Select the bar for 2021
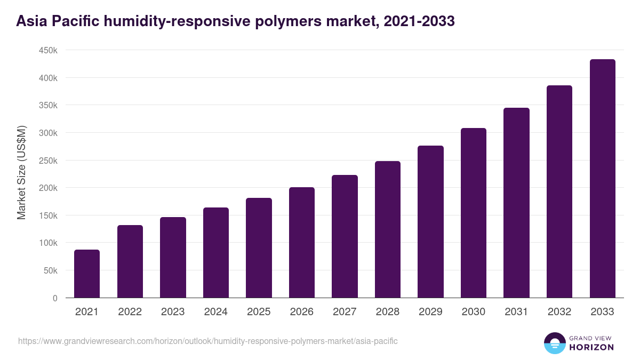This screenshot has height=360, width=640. pos(87,274)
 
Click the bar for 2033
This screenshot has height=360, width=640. pos(602,179)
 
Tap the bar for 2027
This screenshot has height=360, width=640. pos(345,236)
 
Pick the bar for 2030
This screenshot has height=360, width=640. pos(474,213)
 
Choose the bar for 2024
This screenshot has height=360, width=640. pos(216,252)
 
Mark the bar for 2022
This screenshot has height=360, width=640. pos(130,261)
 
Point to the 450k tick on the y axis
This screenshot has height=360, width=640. pos(49,50)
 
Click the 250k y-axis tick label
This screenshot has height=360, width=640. pos(49,161)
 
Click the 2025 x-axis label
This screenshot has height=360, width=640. pos(259,312)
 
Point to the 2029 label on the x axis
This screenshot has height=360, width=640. pos(430,312)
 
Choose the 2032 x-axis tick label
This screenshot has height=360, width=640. pos(559,312)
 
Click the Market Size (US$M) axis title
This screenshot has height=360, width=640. pos(21,172)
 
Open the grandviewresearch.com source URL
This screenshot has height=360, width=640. pos(207,341)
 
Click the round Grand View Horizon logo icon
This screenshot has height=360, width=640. pos(555,343)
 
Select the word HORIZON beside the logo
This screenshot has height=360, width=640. pos(591,347)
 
